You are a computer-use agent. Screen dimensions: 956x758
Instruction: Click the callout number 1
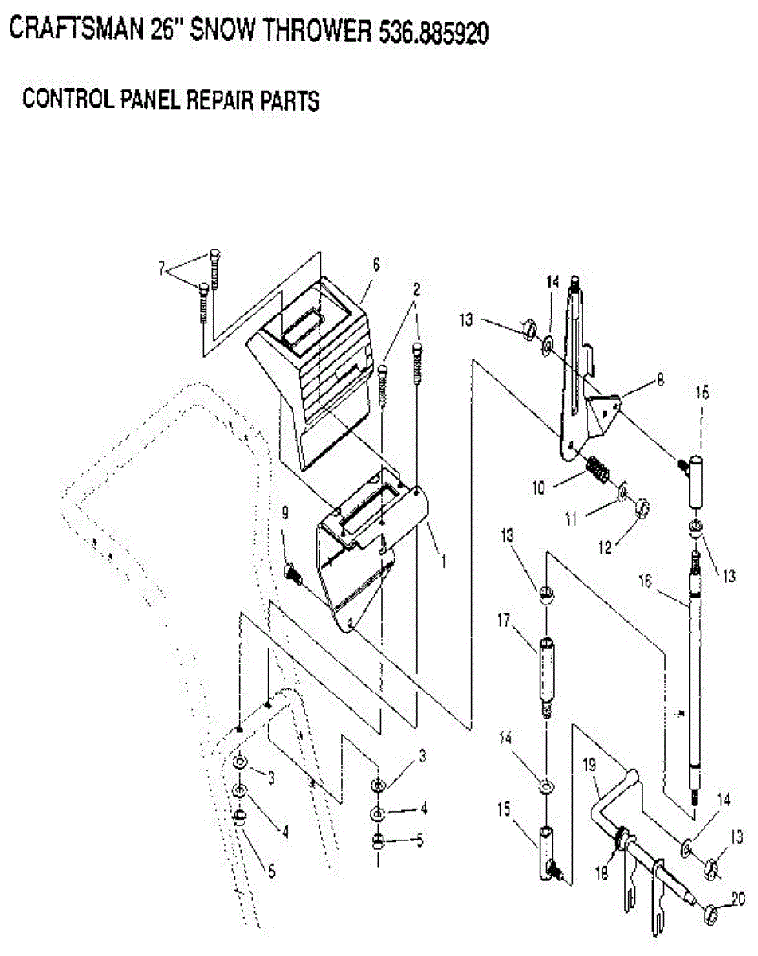pos(443,560)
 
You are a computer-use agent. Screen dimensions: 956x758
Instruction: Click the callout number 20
pos(738,899)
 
